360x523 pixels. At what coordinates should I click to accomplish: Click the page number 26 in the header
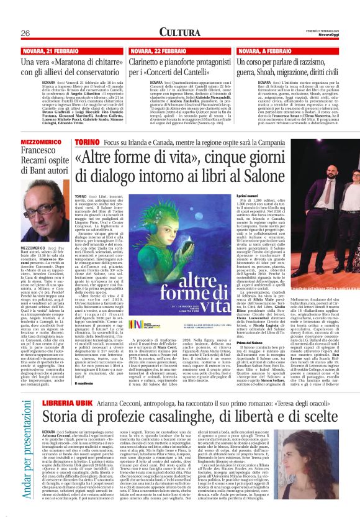click(27, 32)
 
